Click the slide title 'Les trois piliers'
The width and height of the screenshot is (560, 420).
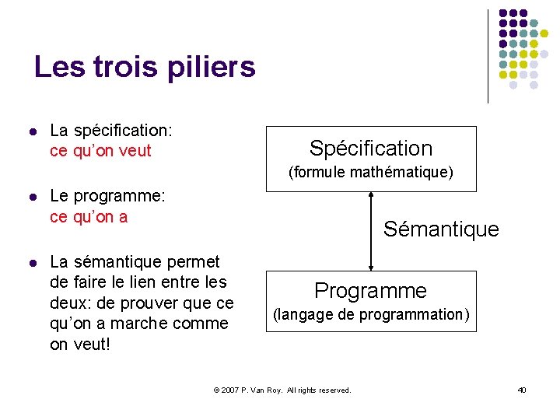tap(145, 68)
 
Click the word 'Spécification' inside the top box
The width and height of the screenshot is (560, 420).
tap(370, 148)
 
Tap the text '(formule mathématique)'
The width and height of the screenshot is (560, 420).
tap(370, 173)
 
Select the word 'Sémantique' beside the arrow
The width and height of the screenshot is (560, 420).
tap(440, 229)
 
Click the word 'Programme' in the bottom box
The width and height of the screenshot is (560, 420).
tap(370, 291)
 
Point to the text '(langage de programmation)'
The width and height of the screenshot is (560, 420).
tap(370, 315)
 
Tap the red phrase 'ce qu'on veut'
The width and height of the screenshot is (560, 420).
tap(100, 151)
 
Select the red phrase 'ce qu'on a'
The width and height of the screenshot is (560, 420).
tap(88, 217)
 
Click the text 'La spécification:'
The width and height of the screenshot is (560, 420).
tap(110, 131)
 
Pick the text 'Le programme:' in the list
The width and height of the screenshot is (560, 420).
tap(107, 197)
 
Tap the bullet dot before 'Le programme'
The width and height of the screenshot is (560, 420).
tap(31, 198)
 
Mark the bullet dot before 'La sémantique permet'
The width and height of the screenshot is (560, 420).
tap(31, 263)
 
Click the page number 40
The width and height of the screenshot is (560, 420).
tap(521, 389)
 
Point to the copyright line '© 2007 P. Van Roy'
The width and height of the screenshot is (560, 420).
tap(282, 390)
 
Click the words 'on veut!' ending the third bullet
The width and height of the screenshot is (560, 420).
tap(80, 344)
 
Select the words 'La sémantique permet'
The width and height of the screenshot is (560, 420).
tap(135, 262)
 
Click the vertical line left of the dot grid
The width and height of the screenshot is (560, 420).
tap(488, 56)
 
